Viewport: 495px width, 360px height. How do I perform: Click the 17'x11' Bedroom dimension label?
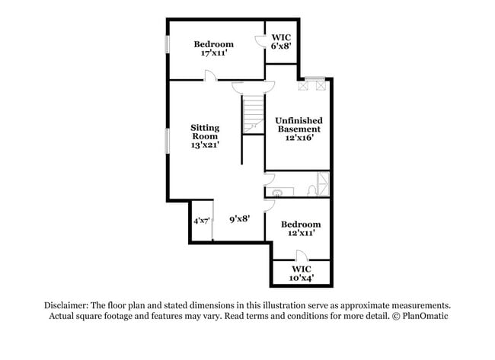[214, 48]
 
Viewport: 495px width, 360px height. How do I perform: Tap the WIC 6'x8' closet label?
[281, 42]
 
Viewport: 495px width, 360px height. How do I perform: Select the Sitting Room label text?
[205, 132]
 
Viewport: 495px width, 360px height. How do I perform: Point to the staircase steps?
[253, 114]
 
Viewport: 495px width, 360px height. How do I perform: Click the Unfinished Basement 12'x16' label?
[299, 129]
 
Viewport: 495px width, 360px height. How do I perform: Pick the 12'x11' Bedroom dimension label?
[301, 228]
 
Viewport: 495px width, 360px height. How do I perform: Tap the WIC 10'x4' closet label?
[302, 273]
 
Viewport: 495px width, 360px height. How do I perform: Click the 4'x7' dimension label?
[201, 221]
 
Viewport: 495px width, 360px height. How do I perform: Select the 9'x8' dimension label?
[240, 218]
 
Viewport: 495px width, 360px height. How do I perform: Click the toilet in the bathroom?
[312, 190]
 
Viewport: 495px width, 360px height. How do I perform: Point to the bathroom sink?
[277, 192]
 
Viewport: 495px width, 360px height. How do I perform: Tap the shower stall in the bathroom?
[323, 183]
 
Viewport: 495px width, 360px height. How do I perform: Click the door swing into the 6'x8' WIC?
[260, 42]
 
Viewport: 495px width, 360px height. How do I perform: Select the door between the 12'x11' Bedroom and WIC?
[302, 255]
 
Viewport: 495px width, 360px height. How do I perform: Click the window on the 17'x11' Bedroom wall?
[168, 44]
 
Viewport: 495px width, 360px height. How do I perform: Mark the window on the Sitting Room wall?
[168, 141]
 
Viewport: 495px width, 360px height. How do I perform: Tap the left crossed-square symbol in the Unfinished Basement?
[303, 86]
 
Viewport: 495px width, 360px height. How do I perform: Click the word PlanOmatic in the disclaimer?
[425, 316]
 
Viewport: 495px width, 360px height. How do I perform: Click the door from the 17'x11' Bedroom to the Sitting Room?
[210, 75]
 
